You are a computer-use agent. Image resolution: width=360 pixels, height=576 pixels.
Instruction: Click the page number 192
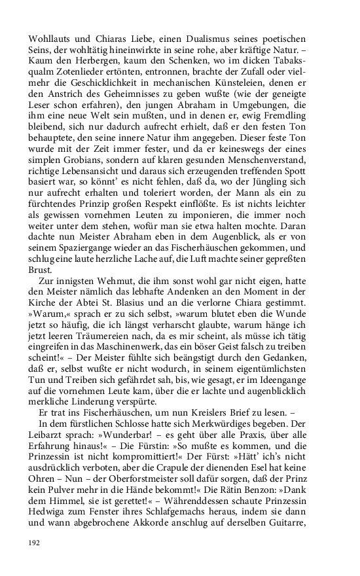point(34,543)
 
